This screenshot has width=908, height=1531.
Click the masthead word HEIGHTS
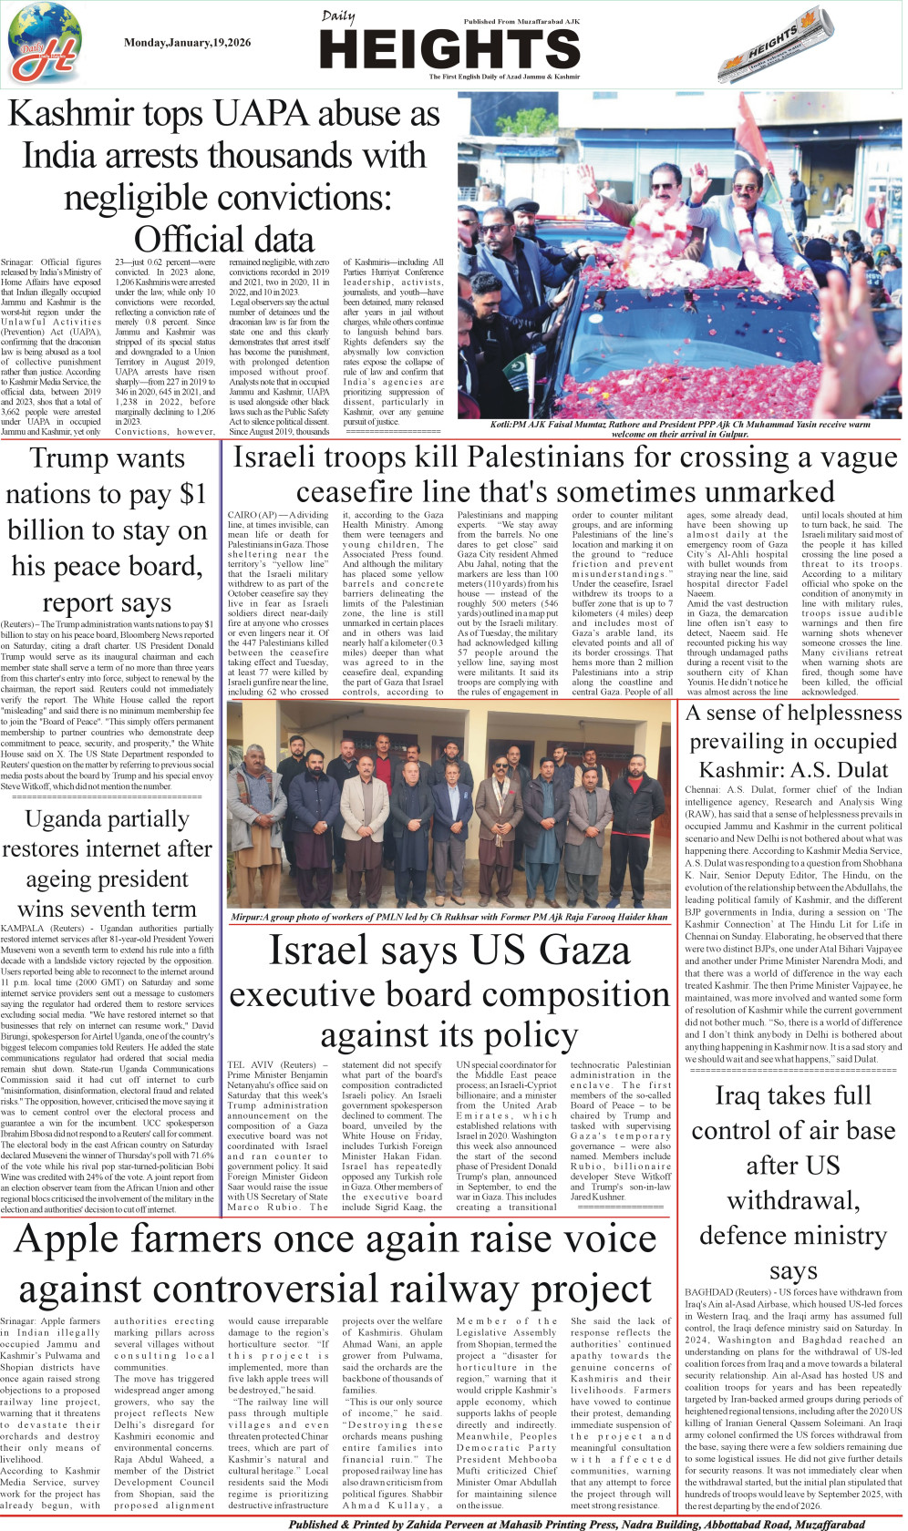(449, 49)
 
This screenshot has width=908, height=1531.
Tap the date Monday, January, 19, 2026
(187, 43)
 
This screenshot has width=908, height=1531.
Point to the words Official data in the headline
(224, 239)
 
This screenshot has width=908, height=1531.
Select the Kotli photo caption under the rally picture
(679, 429)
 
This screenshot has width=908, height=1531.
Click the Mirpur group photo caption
(449, 917)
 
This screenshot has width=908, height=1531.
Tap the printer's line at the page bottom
(576, 1524)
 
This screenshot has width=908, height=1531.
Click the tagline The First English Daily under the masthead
(504, 77)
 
